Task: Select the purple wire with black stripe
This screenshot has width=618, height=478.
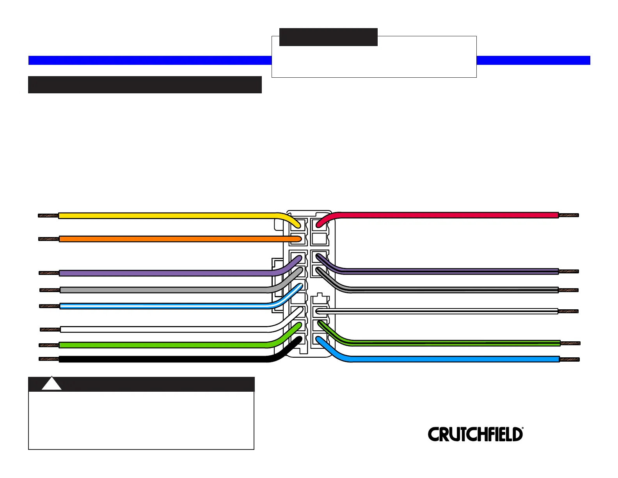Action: tap(449, 271)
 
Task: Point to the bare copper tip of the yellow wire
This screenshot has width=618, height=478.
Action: tap(48, 216)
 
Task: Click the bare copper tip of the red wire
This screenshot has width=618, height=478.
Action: tap(569, 215)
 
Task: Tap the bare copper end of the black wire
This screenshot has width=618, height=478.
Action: tap(49, 359)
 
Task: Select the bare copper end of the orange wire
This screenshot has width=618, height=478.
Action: tap(49, 239)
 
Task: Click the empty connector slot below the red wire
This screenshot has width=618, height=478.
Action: tap(319, 238)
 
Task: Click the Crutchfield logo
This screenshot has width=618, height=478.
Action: tap(475, 434)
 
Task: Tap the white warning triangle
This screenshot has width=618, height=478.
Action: tap(51, 384)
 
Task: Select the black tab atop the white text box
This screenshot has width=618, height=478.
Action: tap(328, 37)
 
